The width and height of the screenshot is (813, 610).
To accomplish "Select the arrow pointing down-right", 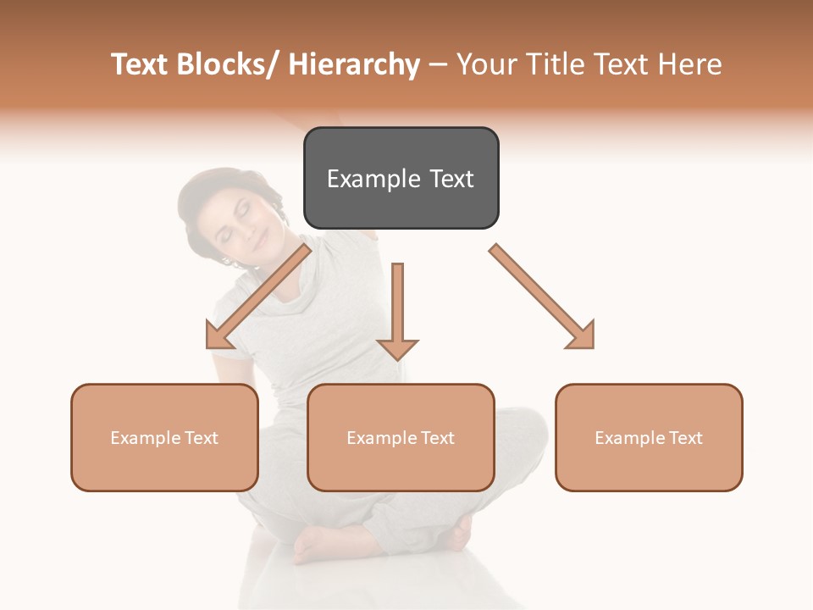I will (x=543, y=297).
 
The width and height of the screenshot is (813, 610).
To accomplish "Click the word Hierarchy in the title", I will (x=354, y=64).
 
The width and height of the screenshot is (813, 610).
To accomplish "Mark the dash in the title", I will (x=438, y=64).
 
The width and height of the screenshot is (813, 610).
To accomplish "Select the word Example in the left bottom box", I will (x=141, y=438).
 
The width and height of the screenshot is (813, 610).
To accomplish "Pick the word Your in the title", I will (x=486, y=64).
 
